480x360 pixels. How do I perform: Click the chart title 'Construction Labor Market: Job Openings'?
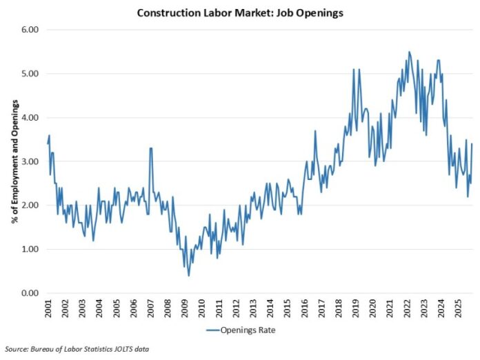click(239, 12)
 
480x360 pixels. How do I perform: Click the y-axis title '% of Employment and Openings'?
click(14, 162)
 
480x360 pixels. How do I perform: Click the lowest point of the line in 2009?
click(189, 276)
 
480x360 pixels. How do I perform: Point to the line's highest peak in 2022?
click(409, 52)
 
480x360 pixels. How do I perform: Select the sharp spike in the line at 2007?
click(150, 148)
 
